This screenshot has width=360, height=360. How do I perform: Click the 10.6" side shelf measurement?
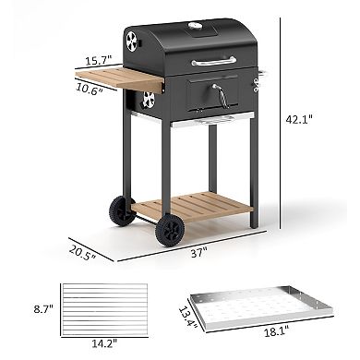(89, 90)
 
